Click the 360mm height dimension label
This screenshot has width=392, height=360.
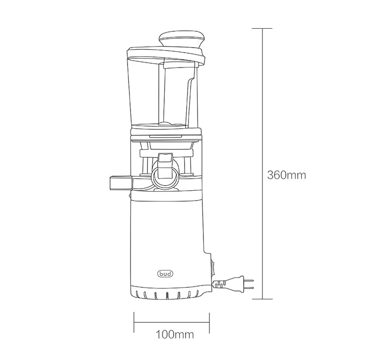tap(286, 175)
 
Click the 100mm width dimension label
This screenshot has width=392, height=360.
tap(175, 335)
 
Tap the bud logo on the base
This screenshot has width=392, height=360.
tap(165, 274)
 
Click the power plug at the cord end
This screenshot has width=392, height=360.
tap(236, 284)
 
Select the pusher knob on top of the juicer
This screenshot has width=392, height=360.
tap(182, 39)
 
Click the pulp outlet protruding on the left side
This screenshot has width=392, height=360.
tap(121, 183)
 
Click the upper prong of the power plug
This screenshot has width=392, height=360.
tap(249, 280)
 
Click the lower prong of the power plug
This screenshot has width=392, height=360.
tap(249, 288)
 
